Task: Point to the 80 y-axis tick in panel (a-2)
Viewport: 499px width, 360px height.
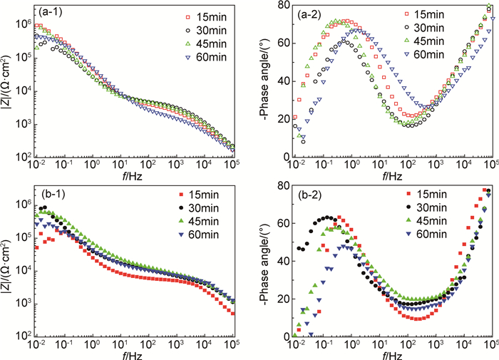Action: (x=280, y=6)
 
